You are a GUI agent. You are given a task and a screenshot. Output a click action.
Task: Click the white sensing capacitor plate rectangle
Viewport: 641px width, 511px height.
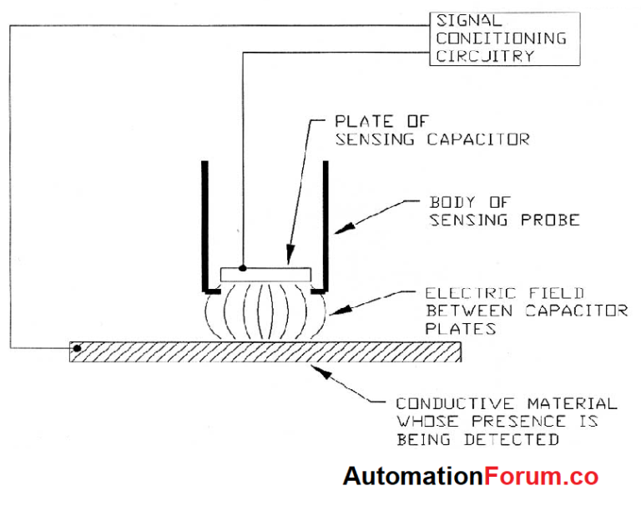[x=265, y=275]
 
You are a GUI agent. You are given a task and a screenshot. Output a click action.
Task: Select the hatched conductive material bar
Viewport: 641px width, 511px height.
[x=267, y=352]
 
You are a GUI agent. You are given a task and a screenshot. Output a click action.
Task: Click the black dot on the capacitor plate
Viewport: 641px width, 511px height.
[x=243, y=268]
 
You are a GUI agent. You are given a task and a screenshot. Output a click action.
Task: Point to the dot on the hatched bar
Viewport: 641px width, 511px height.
[x=77, y=347]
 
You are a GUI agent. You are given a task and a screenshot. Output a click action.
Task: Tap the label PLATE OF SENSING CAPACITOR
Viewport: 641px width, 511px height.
[x=432, y=131]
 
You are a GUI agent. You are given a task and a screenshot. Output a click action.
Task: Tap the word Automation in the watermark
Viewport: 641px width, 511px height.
[x=413, y=477]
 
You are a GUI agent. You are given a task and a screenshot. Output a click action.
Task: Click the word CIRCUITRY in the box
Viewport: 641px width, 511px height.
[x=483, y=56]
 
